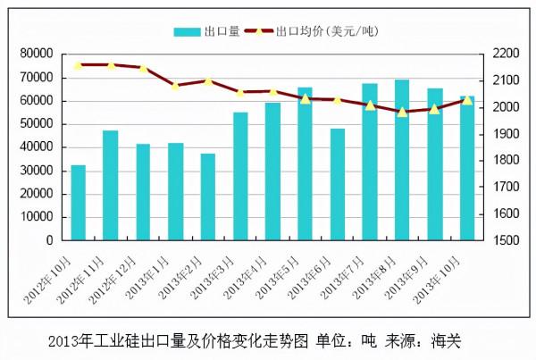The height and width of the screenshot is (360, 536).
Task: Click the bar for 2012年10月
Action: coord(79,203)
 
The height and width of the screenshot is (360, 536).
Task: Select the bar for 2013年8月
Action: coord(402,160)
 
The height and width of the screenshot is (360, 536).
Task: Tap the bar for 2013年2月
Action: coord(208,197)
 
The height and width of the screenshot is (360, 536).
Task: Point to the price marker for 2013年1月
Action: coord(175,86)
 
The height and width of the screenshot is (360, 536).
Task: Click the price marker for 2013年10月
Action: coord(467,100)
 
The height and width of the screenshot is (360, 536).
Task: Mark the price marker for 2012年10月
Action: coord(79,65)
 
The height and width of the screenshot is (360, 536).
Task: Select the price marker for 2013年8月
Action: coord(402,112)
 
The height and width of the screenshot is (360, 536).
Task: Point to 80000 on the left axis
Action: coord(35,54)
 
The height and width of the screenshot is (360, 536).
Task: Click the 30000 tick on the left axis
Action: coord(35,171)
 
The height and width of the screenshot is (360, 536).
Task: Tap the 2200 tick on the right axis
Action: coord(506,54)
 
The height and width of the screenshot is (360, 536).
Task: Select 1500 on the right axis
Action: coord(506,240)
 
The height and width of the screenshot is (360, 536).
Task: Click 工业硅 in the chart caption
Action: coord(114,340)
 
